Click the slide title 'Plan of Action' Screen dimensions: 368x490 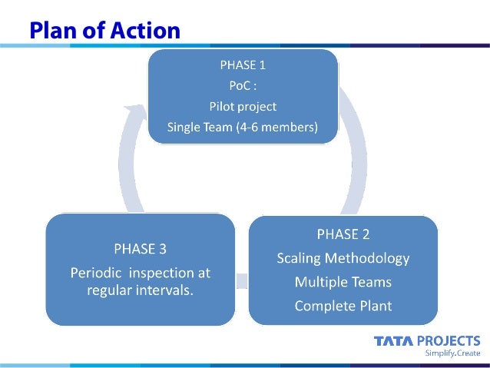[x=105, y=30]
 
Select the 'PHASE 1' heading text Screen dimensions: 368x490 [x=243, y=65]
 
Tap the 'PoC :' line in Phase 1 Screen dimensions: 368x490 [x=243, y=86]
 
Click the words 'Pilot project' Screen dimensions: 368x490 [x=243, y=107]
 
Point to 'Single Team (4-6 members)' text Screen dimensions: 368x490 [x=243, y=128]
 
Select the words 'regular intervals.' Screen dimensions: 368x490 [x=140, y=290]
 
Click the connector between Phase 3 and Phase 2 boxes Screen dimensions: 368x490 [x=241, y=280]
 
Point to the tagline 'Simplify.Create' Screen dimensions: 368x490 [x=453, y=353]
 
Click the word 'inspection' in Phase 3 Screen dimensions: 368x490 [x=166, y=273]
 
